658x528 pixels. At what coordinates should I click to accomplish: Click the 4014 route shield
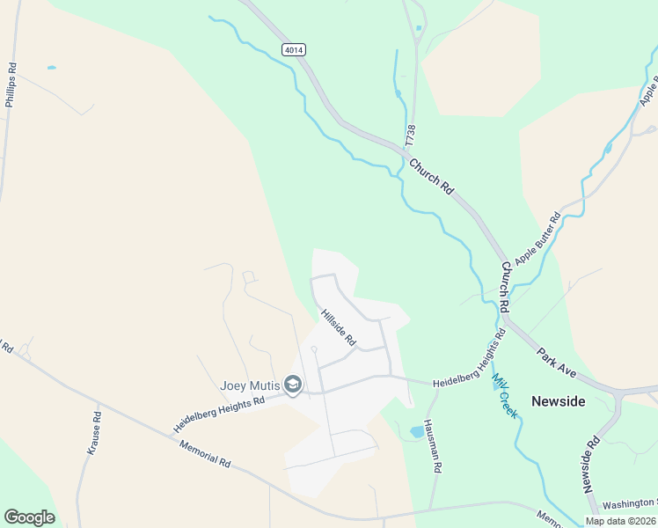point(295,50)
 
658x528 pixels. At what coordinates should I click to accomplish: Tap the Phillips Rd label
point(11,84)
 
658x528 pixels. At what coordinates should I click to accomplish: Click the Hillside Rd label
point(338,326)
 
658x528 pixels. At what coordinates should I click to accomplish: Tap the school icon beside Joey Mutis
point(293,385)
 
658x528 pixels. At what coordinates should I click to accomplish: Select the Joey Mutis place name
point(250,385)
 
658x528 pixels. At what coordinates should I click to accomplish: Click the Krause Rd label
point(93,434)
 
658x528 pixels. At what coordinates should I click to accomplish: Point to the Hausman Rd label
point(431,445)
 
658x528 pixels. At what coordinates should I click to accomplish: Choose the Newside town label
point(558,401)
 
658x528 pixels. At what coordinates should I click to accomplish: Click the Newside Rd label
point(589,464)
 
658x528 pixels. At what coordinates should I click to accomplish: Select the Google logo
point(29,517)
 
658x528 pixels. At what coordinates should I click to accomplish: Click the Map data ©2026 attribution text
point(620,521)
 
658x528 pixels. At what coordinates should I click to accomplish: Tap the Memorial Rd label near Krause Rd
point(204,454)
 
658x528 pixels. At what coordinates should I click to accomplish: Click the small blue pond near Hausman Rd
point(415,432)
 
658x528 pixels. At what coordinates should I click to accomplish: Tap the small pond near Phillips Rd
point(51,68)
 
